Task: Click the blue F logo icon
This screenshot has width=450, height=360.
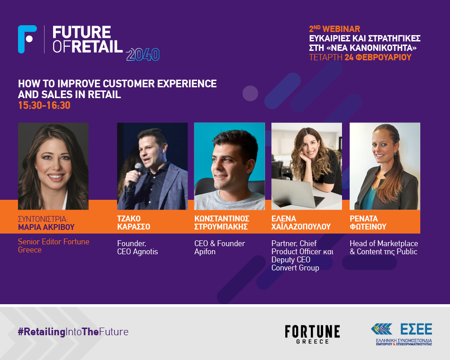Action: (x=27, y=39)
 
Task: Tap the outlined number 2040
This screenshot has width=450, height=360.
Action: (x=143, y=54)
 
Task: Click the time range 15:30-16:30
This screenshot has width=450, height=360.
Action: (x=44, y=105)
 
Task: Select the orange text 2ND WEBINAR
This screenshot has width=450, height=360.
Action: (x=334, y=29)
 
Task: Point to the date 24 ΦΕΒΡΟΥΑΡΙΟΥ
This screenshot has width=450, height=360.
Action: (x=378, y=57)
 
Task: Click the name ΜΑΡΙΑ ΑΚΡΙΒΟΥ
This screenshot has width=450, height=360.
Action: (x=46, y=227)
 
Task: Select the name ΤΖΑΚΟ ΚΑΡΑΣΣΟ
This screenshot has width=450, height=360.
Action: (x=134, y=222)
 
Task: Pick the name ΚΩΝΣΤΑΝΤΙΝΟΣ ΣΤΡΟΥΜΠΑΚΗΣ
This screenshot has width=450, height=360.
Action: (x=221, y=222)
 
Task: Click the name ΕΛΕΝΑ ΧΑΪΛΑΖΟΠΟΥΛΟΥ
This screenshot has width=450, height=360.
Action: (x=301, y=222)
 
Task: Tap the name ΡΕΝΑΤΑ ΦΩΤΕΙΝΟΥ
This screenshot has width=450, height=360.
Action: (x=368, y=222)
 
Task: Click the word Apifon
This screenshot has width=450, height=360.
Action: (x=205, y=252)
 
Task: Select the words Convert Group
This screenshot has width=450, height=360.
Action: (x=295, y=268)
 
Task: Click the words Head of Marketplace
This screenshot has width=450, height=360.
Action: (x=384, y=243)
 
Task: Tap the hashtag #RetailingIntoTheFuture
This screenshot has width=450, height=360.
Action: (x=73, y=332)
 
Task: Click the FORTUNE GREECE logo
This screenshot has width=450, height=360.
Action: (x=312, y=334)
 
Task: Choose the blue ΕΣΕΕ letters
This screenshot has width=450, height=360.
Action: (x=416, y=329)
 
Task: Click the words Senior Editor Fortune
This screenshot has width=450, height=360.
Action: (x=54, y=242)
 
